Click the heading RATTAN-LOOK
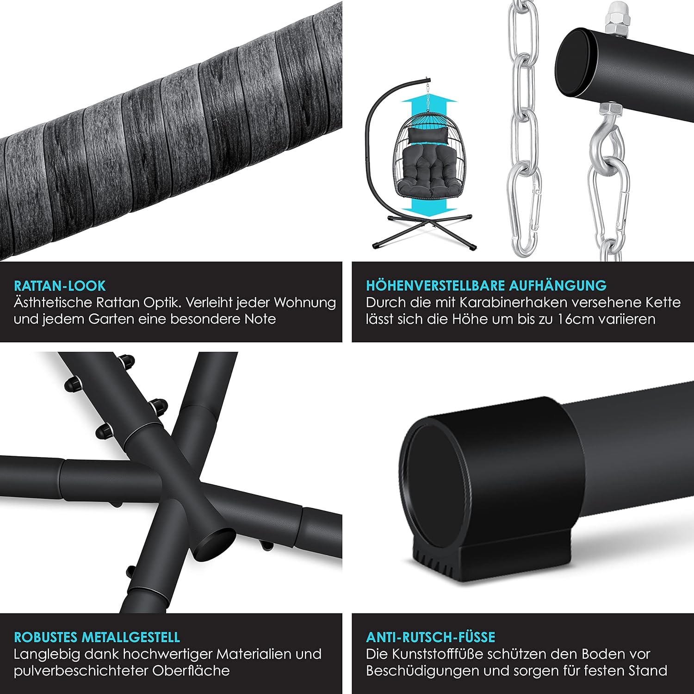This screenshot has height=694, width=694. click(x=60, y=285)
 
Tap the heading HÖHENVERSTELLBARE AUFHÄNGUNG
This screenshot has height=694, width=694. click(x=486, y=285)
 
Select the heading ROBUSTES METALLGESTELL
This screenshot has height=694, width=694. click(x=97, y=637)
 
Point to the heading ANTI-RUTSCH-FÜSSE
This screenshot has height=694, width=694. click(x=431, y=637)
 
